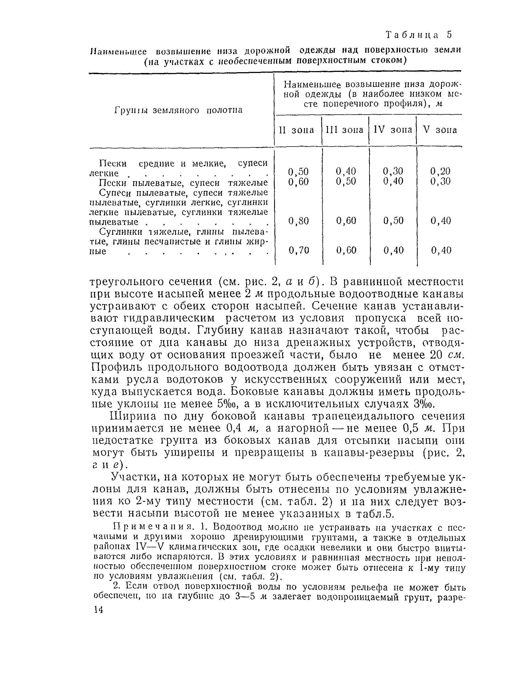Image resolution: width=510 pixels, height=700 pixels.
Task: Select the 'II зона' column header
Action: point(297,130)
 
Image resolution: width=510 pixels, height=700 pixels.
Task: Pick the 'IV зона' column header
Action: point(393,130)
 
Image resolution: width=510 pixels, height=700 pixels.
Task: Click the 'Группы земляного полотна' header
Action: point(178,110)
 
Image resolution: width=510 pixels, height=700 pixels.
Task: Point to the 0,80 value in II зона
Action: point(298,221)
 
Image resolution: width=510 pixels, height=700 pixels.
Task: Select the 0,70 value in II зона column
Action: point(298,250)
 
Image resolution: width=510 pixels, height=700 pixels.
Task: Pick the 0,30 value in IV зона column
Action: point(393,171)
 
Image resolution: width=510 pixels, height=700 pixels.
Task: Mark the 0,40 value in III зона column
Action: point(346,171)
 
